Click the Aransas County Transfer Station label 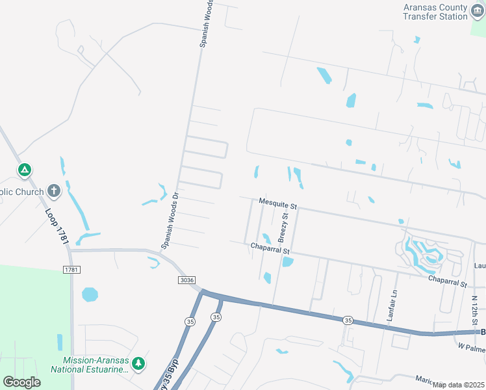coord(435,12)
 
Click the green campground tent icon coord(25,170)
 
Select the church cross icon coord(54,191)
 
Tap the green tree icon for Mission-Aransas coord(138,364)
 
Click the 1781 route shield coord(71,269)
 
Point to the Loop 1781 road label coord(57,227)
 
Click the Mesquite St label coord(277,203)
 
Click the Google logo coord(22,382)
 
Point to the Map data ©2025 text coord(458,385)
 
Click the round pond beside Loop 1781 coord(90,294)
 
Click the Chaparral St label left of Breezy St coord(270,247)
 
